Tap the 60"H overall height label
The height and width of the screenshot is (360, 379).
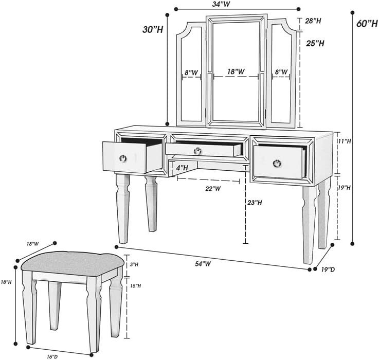[366, 24]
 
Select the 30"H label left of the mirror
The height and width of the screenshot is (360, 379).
[153, 30]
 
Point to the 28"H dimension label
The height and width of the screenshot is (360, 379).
[313, 21]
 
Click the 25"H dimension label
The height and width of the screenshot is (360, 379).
[314, 43]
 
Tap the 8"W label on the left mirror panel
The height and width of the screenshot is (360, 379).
[192, 73]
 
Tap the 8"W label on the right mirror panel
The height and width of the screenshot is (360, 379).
[281, 73]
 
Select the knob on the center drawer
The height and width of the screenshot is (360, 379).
[197, 150]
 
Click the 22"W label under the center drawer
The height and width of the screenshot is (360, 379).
[213, 189]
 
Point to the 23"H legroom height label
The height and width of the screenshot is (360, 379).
[254, 203]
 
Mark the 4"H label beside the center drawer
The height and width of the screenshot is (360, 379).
[181, 167]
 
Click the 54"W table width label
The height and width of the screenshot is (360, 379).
[204, 263]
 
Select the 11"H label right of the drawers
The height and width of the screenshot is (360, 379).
[344, 140]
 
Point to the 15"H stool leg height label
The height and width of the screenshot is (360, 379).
[135, 285]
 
